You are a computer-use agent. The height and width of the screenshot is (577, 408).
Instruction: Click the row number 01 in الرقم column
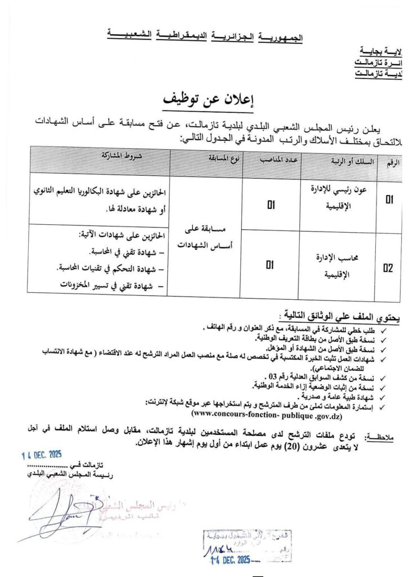[x=389, y=199]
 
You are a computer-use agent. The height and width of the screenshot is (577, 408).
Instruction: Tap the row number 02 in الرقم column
[x=389, y=268]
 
